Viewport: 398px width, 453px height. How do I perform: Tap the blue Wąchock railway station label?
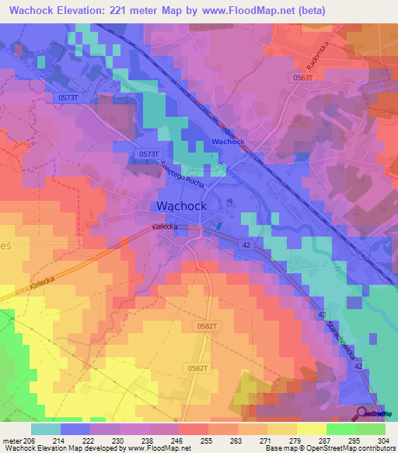point(228,142)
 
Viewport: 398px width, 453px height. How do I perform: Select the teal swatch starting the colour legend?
point(46,429)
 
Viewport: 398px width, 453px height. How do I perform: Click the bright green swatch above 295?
point(341,429)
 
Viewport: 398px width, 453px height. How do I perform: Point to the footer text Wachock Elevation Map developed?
point(54,448)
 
